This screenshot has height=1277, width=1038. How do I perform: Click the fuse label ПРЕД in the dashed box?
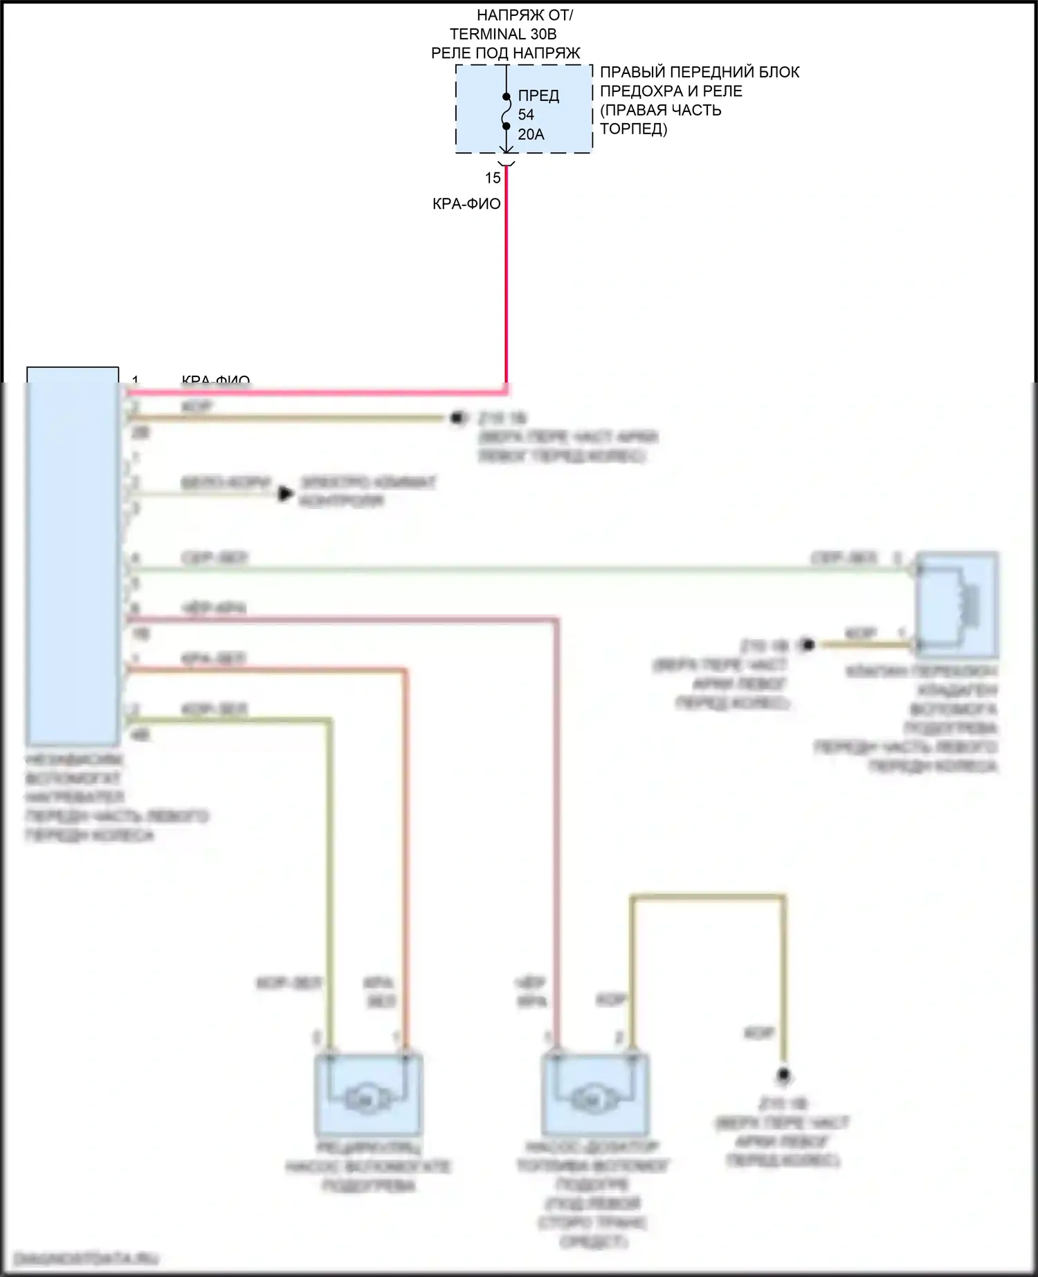[x=538, y=95]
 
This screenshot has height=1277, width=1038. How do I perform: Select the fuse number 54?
[x=526, y=115]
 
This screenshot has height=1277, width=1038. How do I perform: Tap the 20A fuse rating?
[x=531, y=134]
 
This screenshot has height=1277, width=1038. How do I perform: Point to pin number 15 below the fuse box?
[x=493, y=178]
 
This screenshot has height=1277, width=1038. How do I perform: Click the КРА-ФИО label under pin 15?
[x=466, y=204]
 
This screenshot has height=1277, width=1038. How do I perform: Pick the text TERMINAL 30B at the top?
[x=503, y=34]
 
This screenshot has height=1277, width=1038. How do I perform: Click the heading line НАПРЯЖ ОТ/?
[x=525, y=15]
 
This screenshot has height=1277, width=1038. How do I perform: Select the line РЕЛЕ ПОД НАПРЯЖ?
[x=505, y=53]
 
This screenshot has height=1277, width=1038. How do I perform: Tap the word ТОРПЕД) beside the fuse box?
[x=633, y=129]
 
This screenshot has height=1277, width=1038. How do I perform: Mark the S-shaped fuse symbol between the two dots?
[x=507, y=111]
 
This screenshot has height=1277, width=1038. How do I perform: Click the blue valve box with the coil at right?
[x=957, y=605]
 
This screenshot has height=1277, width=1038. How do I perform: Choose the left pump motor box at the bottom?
[x=368, y=1095]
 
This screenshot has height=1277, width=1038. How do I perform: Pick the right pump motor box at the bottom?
[x=595, y=1095]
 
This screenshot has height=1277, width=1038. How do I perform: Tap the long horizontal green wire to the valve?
[x=519, y=569]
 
